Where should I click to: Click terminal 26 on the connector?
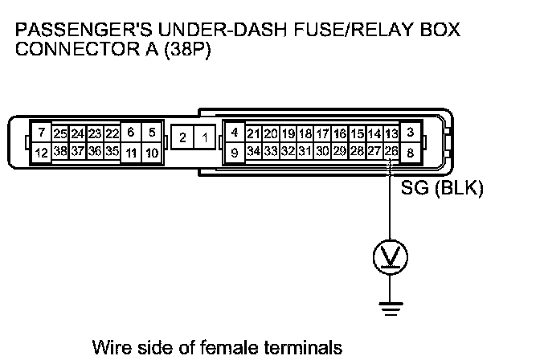point(391,150)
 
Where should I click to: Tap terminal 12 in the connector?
point(40,150)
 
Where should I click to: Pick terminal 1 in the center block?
point(205,138)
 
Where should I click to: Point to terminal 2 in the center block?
point(183,138)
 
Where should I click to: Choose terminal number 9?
point(234,151)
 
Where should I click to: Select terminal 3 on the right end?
point(411,132)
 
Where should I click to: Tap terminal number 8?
point(411,151)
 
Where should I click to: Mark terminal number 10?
point(152,151)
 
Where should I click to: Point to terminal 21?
point(253,133)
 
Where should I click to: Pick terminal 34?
point(253,150)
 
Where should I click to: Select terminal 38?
point(59,150)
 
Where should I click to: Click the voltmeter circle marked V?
point(391,257)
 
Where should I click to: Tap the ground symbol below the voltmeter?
point(391,305)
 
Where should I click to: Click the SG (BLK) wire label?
point(441,191)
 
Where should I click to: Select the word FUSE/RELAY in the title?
point(349,31)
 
